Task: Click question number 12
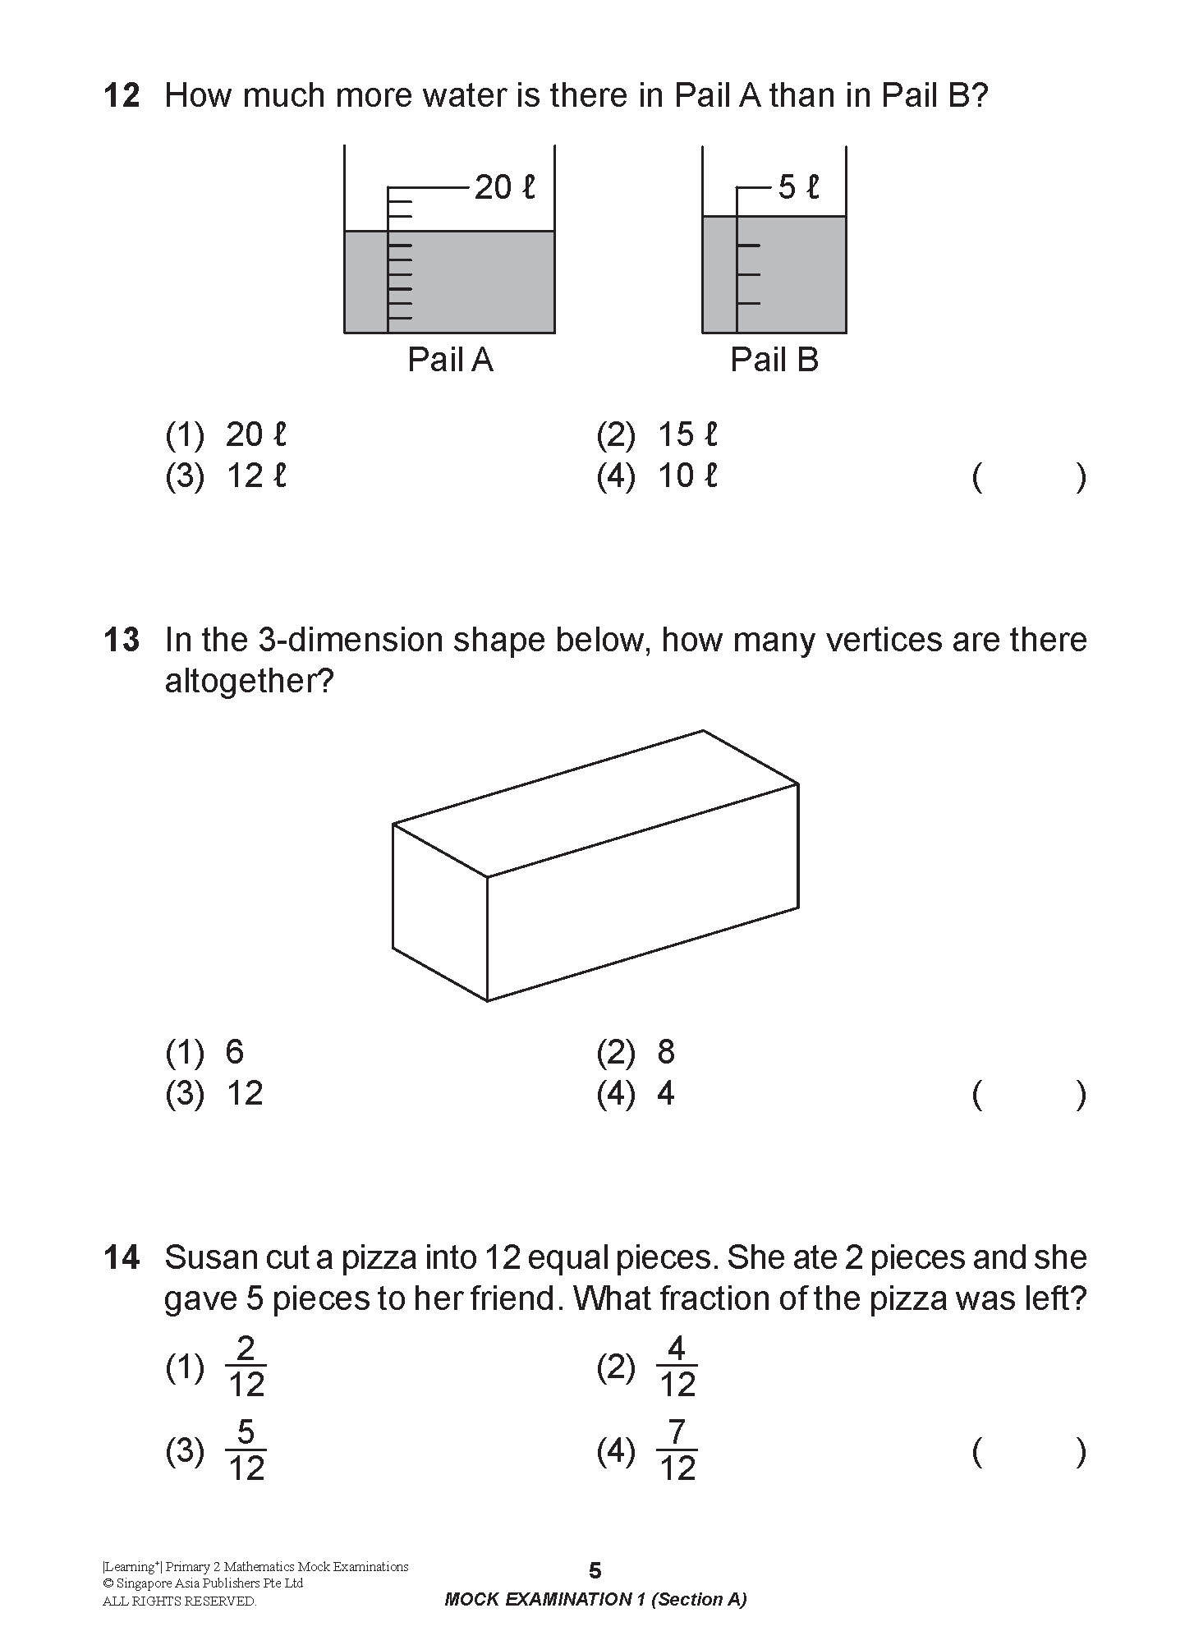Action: [122, 96]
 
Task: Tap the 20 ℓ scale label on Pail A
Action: [504, 188]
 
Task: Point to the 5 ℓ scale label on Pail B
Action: [798, 188]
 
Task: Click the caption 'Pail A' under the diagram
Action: [450, 360]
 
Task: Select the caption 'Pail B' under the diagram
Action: [774, 360]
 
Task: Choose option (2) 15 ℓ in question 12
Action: [657, 434]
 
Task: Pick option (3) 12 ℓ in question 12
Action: [226, 476]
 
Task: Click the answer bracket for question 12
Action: [1029, 476]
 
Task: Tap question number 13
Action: [122, 640]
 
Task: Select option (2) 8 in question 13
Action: [636, 1052]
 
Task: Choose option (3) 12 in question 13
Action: [215, 1094]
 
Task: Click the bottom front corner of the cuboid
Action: [488, 1000]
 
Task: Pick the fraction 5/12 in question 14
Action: [246, 1451]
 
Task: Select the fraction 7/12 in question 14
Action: [677, 1451]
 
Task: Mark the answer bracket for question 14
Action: [1029, 1452]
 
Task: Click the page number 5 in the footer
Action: [595, 1570]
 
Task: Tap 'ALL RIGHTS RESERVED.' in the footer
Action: [179, 1601]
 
